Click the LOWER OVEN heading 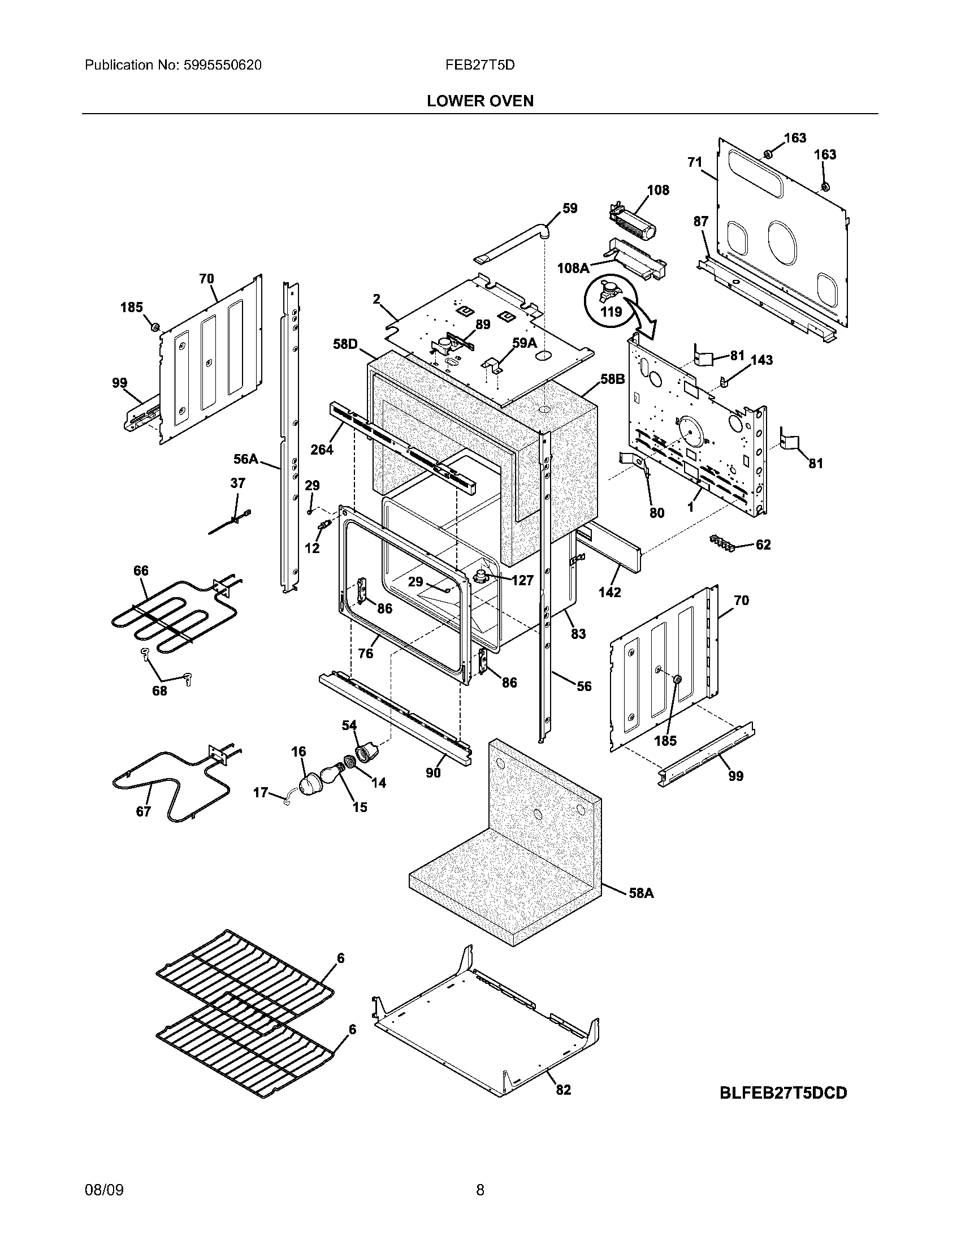[480, 101]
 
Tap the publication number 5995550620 [223, 65]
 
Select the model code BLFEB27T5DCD [783, 1093]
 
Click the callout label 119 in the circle [611, 312]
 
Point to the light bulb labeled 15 [331, 775]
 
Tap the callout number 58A [641, 893]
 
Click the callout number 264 [322, 450]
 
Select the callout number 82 [563, 1090]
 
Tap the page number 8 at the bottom [480, 1190]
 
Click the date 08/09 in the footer [103, 1190]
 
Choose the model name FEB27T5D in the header [480, 65]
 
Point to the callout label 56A [245, 459]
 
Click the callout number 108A [573, 267]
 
